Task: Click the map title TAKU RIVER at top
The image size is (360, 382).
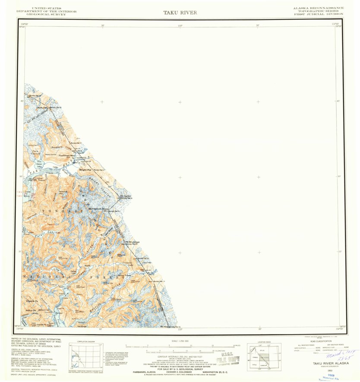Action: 180,13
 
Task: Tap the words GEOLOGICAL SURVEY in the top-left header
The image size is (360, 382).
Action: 47,15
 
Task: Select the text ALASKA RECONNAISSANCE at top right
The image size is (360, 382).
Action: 319,8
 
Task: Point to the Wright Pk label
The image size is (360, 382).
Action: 85,170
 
